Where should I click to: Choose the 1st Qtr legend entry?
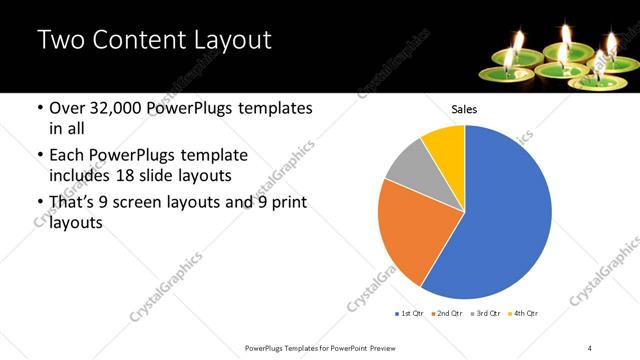[410, 314]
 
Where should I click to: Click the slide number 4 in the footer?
[590, 347]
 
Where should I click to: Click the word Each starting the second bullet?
[68, 155]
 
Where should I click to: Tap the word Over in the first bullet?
[69, 108]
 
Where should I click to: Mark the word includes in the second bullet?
[82, 176]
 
